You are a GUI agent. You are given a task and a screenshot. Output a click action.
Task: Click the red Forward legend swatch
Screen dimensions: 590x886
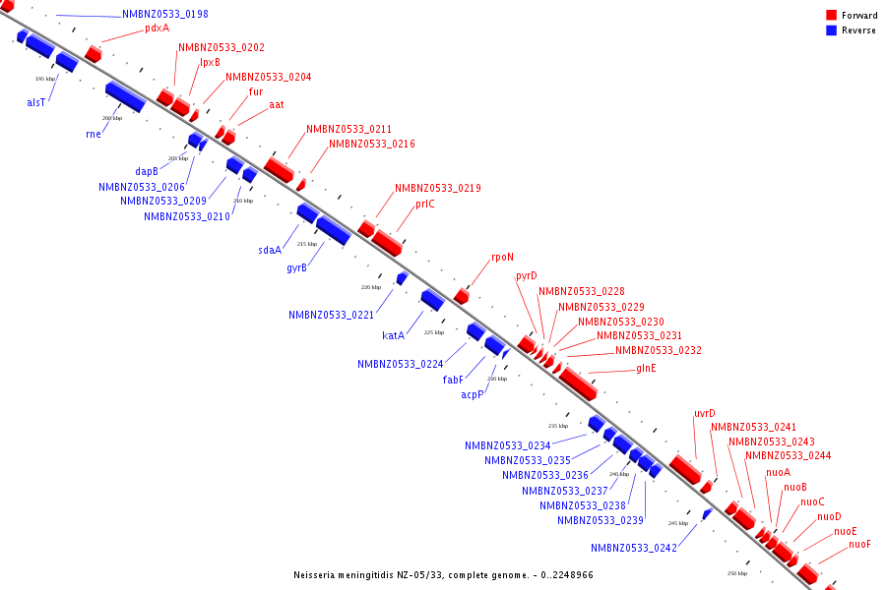(x=832, y=15)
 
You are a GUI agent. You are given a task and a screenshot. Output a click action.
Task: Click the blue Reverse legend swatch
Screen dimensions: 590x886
(x=832, y=30)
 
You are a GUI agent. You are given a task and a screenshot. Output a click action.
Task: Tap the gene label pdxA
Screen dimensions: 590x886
(x=157, y=29)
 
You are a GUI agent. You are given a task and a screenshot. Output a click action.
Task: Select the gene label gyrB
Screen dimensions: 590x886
(x=297, y=267)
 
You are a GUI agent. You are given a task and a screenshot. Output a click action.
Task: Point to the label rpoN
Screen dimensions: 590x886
(x=502, y=258)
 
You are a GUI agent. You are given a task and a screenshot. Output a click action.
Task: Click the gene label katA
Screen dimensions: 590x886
(x=394, y=335)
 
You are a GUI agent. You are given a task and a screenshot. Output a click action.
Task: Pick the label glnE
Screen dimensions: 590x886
(x=646, y=369)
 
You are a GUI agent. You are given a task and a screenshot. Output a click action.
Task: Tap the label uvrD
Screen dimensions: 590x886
(x=705, y=413)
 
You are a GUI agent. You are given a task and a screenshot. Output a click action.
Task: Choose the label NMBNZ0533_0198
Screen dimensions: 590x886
(x=165, y=15)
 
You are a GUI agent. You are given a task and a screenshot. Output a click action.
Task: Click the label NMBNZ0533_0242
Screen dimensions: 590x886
(x=634, y=548)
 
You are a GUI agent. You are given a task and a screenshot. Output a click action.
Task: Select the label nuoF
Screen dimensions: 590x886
(x=859, y=545)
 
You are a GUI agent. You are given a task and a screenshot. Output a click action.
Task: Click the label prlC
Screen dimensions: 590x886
(x=424, y=205)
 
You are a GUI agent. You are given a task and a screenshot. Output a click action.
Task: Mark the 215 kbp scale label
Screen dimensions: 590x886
(x=307, y=244)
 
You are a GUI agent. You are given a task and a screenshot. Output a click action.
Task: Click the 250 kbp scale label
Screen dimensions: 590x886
(x=737, y=572)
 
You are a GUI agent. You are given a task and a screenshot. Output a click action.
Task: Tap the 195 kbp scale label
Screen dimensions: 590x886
(x=45, y=79)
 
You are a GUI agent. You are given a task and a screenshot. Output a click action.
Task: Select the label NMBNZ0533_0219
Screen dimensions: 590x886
(x=438, y=188)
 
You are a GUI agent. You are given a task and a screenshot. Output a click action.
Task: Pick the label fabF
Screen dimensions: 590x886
(x=453, y=380)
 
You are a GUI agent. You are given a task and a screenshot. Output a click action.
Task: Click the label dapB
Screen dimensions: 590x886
(x=147, y=171)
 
